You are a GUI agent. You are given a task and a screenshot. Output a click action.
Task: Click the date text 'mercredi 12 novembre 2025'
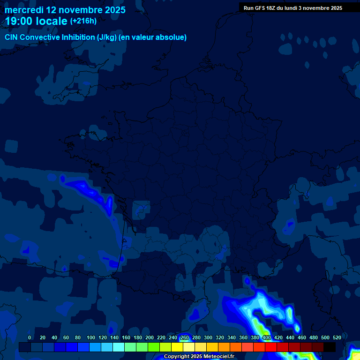(65, 10)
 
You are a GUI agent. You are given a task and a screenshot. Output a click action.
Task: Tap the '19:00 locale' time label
(36, 21)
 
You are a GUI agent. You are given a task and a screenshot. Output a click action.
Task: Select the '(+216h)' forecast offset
(83, 21)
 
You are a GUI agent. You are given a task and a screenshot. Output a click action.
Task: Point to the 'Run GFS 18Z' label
(261, 8)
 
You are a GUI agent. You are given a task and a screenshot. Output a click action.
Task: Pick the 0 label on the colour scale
(30, 337)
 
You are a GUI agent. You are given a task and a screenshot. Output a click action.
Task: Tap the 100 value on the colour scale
(91, 337)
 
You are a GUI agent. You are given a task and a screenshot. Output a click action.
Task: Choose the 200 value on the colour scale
(150, 337)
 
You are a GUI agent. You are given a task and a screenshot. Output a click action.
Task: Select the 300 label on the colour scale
(208, 337)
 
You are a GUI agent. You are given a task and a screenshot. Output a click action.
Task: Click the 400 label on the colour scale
(267, 337)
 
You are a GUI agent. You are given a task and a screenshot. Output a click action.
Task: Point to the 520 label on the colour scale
(337, 337)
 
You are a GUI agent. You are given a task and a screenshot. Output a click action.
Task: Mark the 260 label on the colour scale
(185, 337)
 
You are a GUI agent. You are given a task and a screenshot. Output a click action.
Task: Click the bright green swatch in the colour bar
(154, 347)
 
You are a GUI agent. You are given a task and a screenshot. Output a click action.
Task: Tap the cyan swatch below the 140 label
(119, 347)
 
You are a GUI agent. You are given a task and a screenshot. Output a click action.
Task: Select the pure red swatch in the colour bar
(271, 347)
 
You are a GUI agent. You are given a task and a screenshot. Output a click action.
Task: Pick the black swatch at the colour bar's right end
(330, 347)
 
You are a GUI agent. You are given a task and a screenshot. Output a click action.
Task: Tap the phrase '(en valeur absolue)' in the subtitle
(153, 37)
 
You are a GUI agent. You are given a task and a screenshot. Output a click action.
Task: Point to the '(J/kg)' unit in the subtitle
(107, 37)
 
